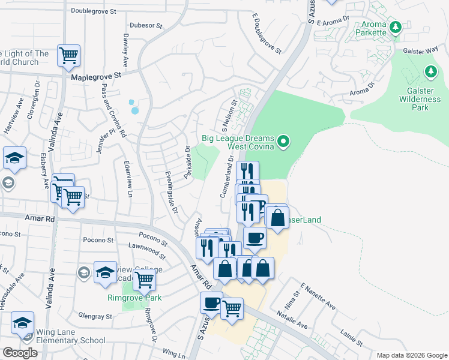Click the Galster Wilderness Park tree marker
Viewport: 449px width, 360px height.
(x=430, y=73)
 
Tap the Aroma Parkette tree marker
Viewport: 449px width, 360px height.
(x=395, y=28)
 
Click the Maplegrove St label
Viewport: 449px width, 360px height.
(x=96, y=77)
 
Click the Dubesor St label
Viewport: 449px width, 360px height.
(x=146, y=26)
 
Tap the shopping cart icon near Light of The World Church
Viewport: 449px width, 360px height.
(x=69, y=56)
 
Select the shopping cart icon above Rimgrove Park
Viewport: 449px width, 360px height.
(x=144, y=280)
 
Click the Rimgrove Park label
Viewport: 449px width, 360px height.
(x=135, y=298)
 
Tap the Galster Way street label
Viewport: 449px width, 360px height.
(x=418, y=52)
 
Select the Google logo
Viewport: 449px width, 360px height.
(x=19, y=353)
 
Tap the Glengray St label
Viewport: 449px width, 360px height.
(x=95, y=316)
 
